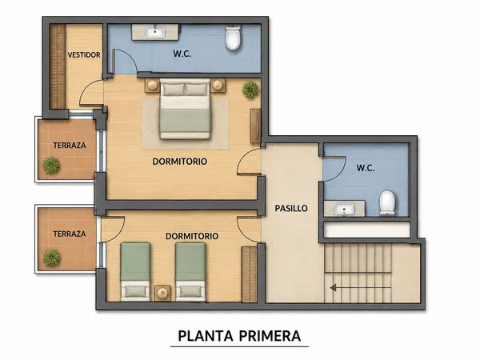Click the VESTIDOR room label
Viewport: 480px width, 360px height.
tap(84, 54)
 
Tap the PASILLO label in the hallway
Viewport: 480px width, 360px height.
tap(291, 209)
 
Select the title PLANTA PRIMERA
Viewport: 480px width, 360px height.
tap(239, 336)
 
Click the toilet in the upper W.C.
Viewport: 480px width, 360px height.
tap(233, 38)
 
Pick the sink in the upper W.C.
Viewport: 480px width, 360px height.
tap(155, 32)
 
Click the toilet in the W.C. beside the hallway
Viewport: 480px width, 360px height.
tap(387, 203)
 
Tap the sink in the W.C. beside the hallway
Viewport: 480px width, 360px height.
tap(344, 209)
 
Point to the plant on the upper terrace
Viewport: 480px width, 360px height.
tap(51, 166)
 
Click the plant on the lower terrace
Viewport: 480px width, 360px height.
tap(51, 258)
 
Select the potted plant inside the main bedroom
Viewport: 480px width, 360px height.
tap(250, 90)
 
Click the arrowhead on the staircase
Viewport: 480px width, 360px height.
tap(334, 288)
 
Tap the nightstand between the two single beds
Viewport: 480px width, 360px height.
tap(162, 294)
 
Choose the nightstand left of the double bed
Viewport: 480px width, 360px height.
tap(152, 86)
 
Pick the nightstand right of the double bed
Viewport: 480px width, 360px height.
tap(218, 86)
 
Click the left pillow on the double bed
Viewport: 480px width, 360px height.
tap(174, 90)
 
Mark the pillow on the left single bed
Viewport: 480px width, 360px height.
tap(134, 291)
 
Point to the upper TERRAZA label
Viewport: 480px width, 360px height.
tap(70, 145)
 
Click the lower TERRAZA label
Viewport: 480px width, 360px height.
tap(70, 234)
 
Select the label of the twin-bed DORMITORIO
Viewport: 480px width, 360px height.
tap(192, 236)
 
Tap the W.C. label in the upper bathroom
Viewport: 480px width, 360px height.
tap(182, 54)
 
